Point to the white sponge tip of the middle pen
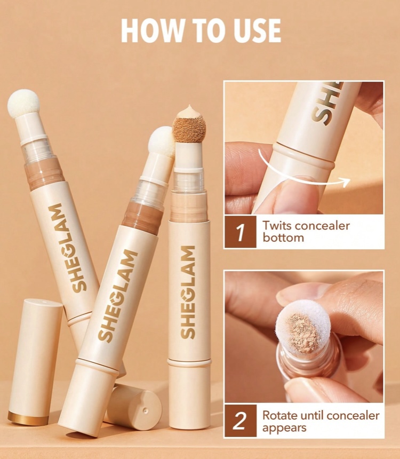point(162,141)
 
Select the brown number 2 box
point(240,421)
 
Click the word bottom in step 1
point(283,238)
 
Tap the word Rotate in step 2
point(279,415)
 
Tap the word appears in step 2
point(284,428)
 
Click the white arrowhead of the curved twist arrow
point(345,181)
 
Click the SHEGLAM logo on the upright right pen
point(188,292)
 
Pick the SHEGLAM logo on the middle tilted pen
point(118,295)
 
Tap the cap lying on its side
point(133,407)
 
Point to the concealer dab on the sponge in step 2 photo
point(302,333)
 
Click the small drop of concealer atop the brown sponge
point(189,111)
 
